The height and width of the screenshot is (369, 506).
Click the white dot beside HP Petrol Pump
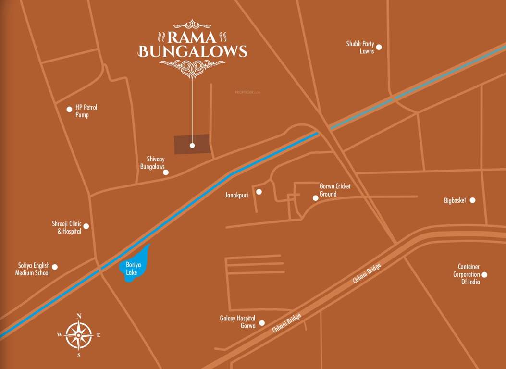coord(69,110)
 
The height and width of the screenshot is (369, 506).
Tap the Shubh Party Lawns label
coord(360,47)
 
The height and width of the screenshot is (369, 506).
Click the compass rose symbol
coord(79,335)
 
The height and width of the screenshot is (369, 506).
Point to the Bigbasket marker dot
coord(472,200)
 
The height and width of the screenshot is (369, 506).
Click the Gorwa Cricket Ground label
coord(335,190)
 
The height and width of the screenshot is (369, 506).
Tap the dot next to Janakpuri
coord(259,192)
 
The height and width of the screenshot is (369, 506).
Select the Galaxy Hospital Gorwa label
coord(237,322)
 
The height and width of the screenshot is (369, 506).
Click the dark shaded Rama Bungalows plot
coord(192,145)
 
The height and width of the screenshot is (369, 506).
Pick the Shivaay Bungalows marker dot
coord(166,172)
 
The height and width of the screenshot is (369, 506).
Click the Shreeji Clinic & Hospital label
coord(67,227)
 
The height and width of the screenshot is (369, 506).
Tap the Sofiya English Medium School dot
coord(55,267)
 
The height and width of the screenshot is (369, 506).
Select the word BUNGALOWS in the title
coord(192,51)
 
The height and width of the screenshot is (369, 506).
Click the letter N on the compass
coord(79,316)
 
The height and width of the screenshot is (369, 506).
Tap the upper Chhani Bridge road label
coord(367,273)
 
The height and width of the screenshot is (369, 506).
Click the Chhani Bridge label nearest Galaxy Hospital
coord(287,323)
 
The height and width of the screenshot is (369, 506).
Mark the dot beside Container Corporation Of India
coord(484,275)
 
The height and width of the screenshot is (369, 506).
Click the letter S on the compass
coord(79,355)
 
